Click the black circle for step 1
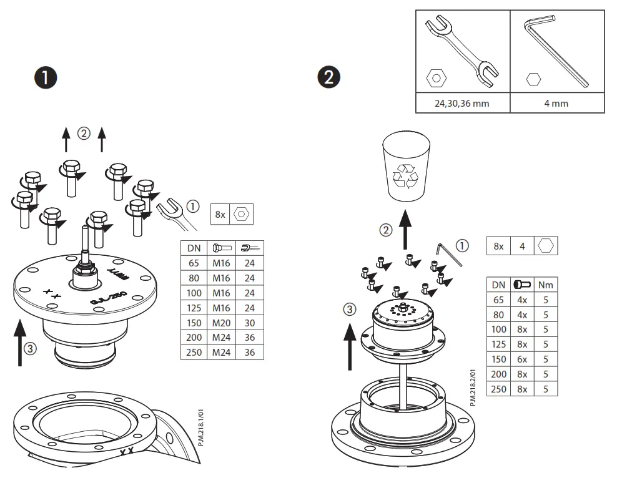(45, 78)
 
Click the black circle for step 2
(330, 78)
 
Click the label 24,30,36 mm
(462, 103)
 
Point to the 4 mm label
(556, 103)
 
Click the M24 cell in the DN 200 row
(222, 338)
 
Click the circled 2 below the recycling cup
(386, 230)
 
